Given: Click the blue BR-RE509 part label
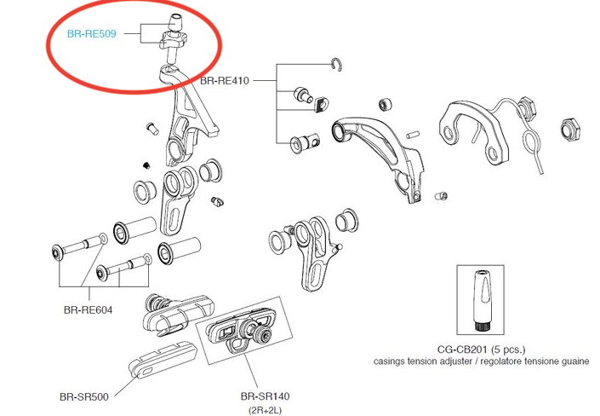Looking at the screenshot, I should point(91,35).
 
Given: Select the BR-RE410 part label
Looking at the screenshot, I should point(224,82).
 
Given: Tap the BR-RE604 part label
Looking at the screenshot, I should point(88,309).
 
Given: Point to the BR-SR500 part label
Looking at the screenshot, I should point(83,396).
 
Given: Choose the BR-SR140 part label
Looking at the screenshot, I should point(264,396).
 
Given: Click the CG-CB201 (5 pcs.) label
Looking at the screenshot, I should point(481,349).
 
